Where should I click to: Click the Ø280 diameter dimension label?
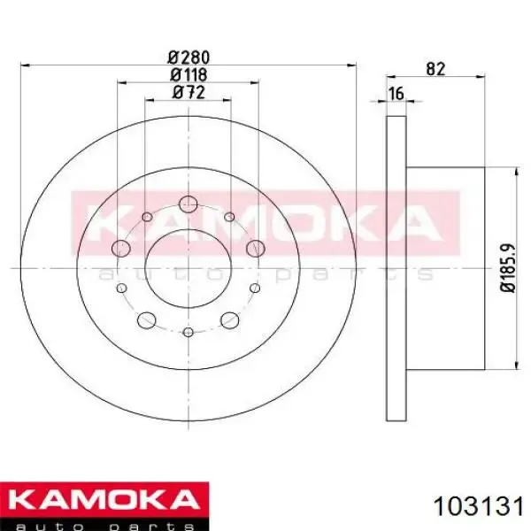pos(189,58)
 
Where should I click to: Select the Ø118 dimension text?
pos(189,75)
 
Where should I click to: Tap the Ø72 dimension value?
pos(189,92)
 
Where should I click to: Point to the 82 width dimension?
pos(435,69)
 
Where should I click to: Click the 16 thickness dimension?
pos(396,94)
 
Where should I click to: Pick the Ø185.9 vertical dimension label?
pos(508,267)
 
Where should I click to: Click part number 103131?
pos(479,507)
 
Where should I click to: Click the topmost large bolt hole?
pos(188,204)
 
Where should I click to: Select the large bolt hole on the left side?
pos(121,248)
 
